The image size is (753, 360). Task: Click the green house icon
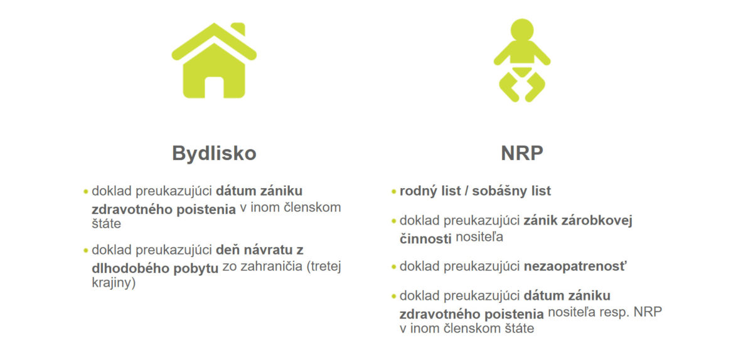[x=214, y=60]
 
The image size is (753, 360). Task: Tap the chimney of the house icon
[x=238, y=29]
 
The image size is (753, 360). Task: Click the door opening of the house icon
[x=214, y=87]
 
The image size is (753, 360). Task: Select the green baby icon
[x=522, y=60]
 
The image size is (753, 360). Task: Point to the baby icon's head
[x=522, y=30]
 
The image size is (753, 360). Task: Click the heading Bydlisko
[x=214, y=153]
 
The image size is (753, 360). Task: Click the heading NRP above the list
[x=522, y=153]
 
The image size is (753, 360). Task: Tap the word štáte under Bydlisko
[x=106, y=223]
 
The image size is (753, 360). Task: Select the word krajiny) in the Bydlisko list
[x=114, y=283]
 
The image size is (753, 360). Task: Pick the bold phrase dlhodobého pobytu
[x=155, y=268]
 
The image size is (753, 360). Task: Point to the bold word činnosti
[x=425, y=239]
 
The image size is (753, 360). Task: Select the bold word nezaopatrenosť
[x=575, y=266]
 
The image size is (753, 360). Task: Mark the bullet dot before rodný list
[x=393, y=192]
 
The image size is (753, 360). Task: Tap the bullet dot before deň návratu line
[x=86, y=251]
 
